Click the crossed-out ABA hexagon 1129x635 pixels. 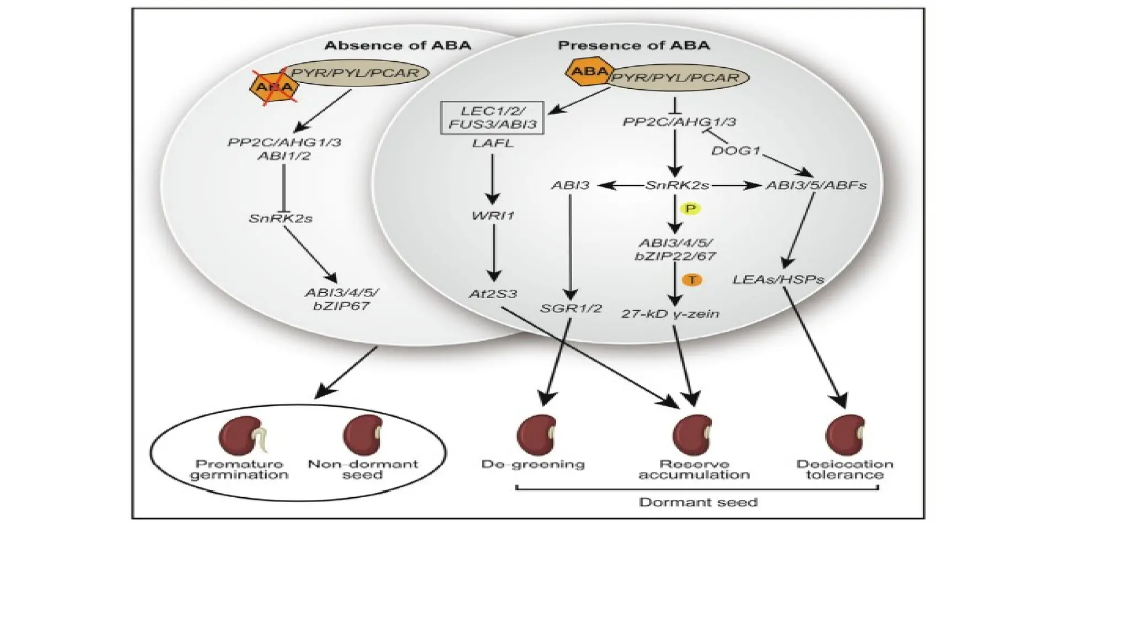point(274,87)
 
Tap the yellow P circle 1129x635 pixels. point(690,208)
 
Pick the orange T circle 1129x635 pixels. point(692,280)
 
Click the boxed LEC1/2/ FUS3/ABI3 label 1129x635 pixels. point(492,117)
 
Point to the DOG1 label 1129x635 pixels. point(735,150)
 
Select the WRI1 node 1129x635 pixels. point(493,216)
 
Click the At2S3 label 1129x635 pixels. point(493,294)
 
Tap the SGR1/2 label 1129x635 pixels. point(571,308)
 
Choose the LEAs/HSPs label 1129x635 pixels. point(778,280)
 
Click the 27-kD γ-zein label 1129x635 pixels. point(670,314)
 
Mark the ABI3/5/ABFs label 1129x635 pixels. point(816,185)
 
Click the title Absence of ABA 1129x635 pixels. point(397,45)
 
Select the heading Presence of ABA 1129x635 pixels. point(634,45)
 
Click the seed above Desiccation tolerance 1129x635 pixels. point(845,435)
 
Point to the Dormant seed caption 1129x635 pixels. point(698,502)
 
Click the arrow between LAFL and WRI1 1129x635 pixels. point(492,179)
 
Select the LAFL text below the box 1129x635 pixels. point(493,143)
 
